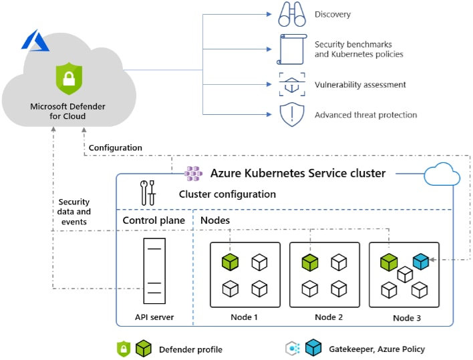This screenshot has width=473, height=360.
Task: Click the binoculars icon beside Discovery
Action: click(291, 15)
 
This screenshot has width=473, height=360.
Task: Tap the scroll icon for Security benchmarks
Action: click(291, 49)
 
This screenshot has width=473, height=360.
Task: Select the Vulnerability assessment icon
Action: click(291, 85)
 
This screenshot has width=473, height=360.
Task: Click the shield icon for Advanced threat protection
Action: click(291, 115)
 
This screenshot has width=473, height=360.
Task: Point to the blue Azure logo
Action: click(35, 41)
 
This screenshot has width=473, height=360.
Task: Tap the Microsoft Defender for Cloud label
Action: click(67, 111)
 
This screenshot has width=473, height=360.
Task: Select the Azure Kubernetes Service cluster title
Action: click(297, 173)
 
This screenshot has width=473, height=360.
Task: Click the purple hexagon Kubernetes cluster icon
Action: click(194, 174)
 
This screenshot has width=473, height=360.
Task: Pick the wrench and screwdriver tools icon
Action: click(148, 193)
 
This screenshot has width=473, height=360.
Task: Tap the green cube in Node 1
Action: click(230, 262)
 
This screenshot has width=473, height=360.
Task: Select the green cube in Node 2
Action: click(309, 262)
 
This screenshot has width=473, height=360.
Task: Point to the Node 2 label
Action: click(329, 317)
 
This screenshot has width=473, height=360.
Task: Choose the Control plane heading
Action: click(152, 220)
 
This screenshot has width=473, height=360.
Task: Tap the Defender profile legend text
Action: click(190, 349)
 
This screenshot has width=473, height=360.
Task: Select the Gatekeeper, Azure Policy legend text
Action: click(376, 349)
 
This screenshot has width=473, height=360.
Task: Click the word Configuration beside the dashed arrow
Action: click(115, 148)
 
